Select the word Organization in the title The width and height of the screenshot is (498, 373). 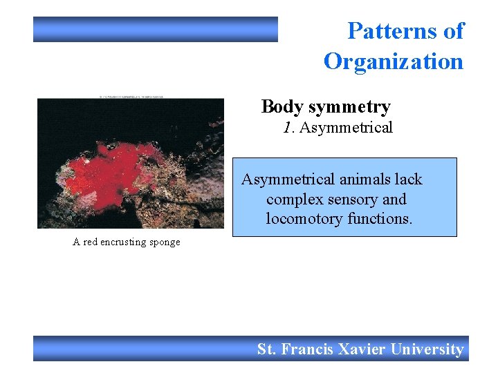click(393, 61)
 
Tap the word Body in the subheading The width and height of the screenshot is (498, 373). click(282, 107)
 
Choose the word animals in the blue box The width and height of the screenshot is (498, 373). click(362, 180)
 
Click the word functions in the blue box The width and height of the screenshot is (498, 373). click(378, 219)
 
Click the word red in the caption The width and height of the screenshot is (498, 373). click(91, 242)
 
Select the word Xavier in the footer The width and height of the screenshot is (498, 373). click(362, 350)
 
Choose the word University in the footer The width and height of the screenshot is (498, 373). click(427, 350)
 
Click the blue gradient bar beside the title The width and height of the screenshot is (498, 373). click(156, 30)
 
